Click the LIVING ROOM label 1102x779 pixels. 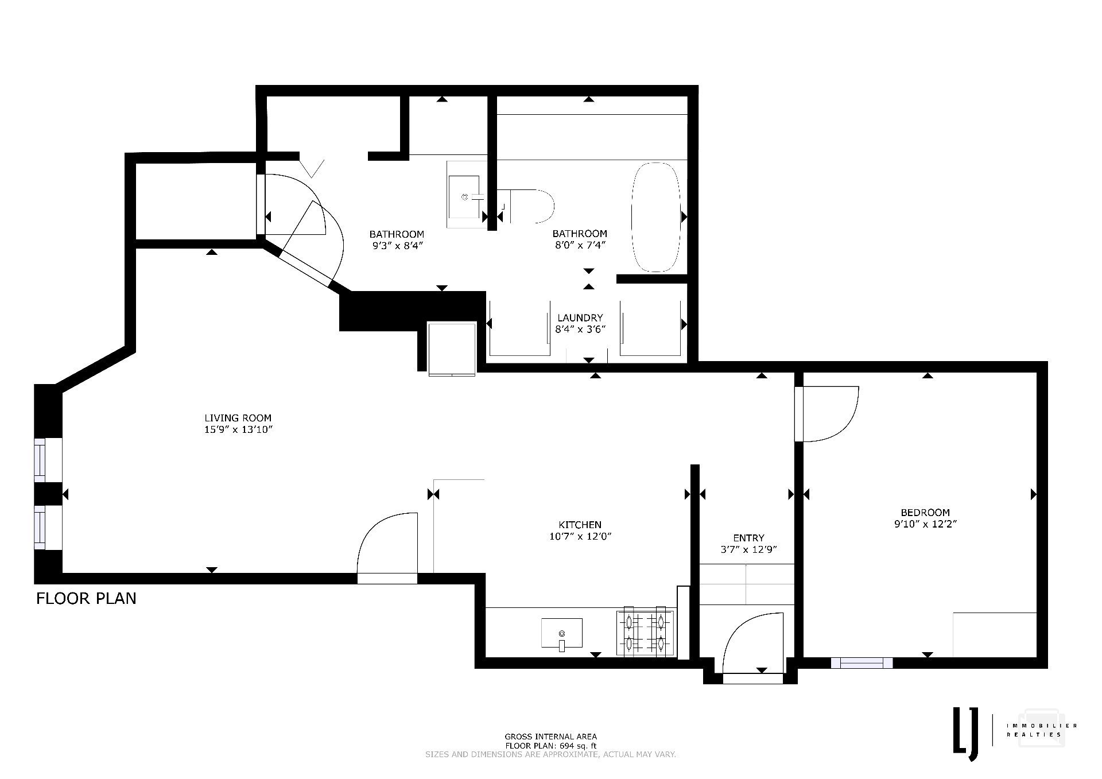(x=238, y=418)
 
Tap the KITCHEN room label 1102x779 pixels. (x=580, y=525)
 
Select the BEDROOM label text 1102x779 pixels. (x=925, y=513)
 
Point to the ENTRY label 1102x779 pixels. (x=748, y=538)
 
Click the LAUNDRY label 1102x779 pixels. (x=580, y=318)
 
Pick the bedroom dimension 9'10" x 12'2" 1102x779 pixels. (x=925, y=524)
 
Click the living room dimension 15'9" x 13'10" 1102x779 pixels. (x=238, y=429)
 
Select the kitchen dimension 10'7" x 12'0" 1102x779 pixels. (x=580, y=537)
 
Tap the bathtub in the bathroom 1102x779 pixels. (x=656, y=218)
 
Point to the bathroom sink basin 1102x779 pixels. (x=464, y=197)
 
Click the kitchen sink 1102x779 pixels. (x=562, y=634)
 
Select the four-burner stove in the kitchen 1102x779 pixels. (x=646, y=631)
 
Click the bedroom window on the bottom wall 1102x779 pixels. (x=862, y=663)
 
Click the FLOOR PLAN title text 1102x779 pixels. (x=87, y=599)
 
